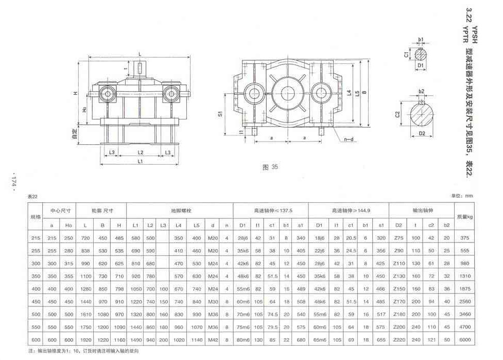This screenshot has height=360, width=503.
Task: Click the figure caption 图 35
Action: point(270,167)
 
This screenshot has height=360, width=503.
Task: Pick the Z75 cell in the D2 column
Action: point(398,238)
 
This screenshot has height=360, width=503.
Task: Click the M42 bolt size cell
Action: point(212,340)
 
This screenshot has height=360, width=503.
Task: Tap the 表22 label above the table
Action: point(33,196)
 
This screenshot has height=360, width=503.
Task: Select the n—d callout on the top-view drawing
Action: point(349,140)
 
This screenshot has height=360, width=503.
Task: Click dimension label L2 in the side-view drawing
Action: point(140,153)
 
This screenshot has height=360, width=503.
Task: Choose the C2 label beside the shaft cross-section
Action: point(398,114)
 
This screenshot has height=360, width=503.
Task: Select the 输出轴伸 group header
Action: point(421,211)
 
